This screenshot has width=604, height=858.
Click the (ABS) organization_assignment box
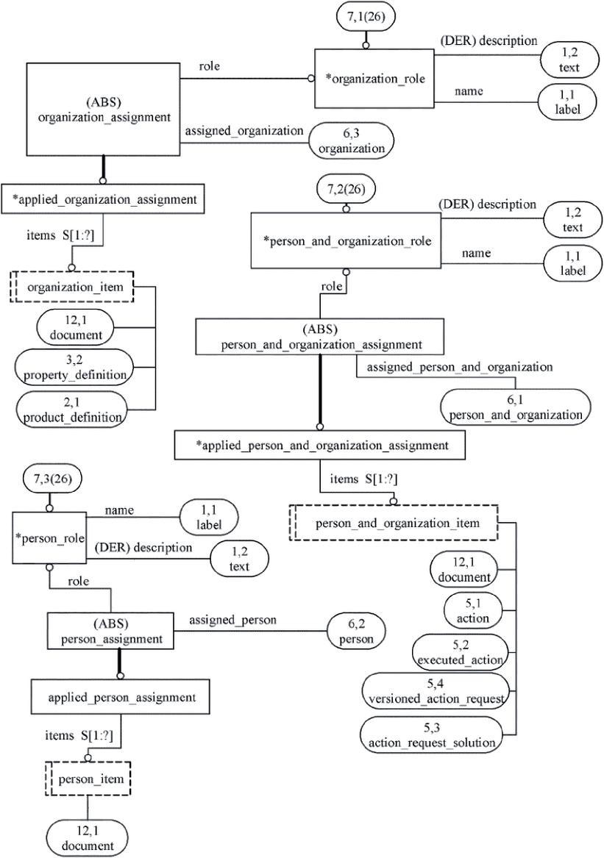pos(104,109)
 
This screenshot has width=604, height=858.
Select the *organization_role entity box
pos(374,78)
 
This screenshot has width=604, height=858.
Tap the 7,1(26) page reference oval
pos(366,16)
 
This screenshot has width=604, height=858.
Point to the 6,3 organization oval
pos(351,141)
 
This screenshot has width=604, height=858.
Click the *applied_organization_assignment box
pos(103,199)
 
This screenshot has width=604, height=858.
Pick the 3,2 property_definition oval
pos(75,368)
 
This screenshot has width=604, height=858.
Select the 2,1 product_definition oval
pos(72,410)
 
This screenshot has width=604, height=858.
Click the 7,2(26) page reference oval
pos(346,190)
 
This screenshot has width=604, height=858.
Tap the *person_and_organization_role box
pos(346,240)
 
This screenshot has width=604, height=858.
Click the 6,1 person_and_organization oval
pos(515,407)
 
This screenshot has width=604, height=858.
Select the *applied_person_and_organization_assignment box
pos(320,445)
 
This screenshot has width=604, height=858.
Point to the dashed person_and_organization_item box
pos(393,523)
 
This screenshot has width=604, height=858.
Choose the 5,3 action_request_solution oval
pos(432,735)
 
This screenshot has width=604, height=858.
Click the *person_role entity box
pos(49,538)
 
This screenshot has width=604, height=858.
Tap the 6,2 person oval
pos(356,632)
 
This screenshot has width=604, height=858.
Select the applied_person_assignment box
pos(121,697)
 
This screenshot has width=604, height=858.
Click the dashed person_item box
pos(88,778)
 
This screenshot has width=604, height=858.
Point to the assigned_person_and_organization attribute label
pos(459,367)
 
